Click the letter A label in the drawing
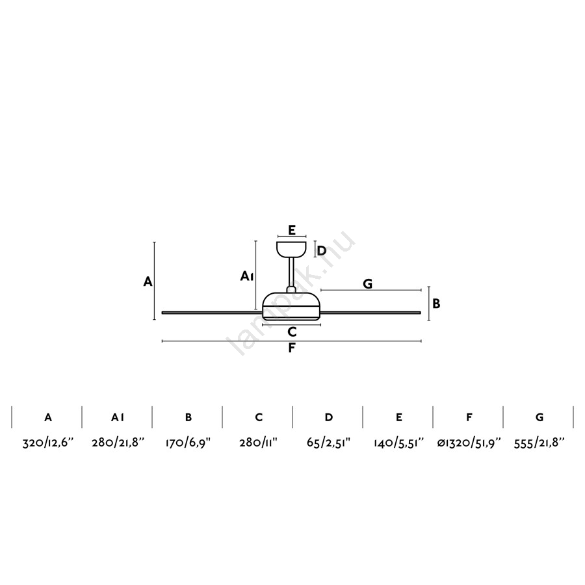(148, 281)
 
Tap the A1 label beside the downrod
(247, 276)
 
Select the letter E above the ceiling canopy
(292, 230)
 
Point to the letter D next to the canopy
(322, 250)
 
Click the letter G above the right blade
(367, 284)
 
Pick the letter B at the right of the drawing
(436, 304)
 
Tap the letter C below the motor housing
(292, 331)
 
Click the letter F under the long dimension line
(292, 348)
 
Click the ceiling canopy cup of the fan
(291, 250)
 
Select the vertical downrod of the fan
(291, 272)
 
